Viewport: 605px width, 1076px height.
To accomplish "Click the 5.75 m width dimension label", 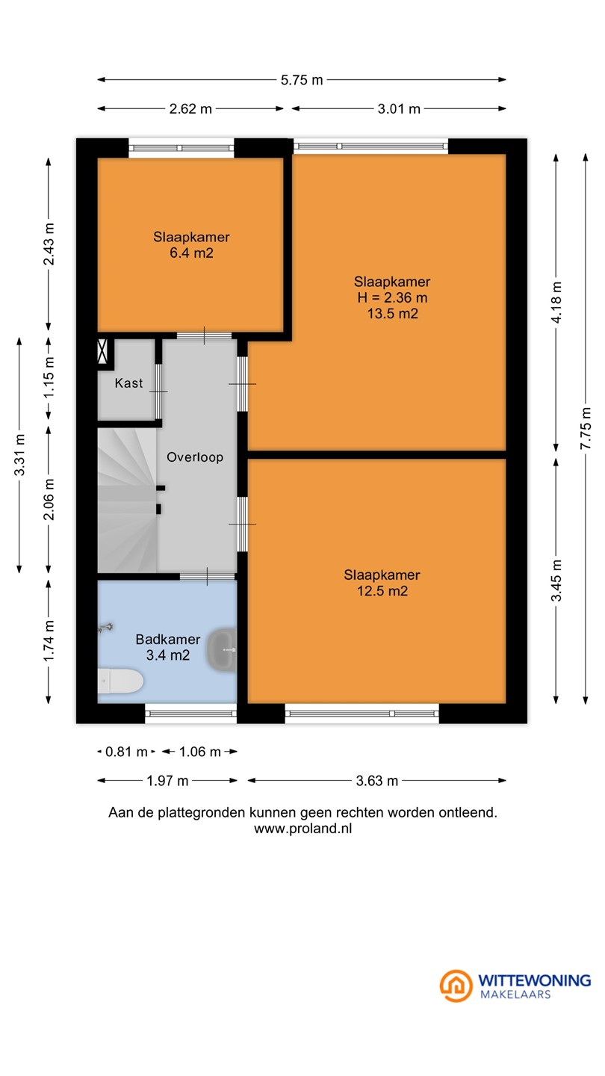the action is coord(302,80).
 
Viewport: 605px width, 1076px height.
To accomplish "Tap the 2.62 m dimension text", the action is coord(190,108).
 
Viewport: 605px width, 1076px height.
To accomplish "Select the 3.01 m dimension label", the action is coord(399,108).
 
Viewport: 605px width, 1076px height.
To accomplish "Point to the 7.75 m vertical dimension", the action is coord(586,428).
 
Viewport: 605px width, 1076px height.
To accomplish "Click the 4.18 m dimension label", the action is coord(556,302).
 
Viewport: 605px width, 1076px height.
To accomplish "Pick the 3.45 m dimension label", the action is coord(556,581).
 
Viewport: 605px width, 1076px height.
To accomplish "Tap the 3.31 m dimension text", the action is coord(19,455).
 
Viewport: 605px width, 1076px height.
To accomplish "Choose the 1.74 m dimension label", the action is coord(49,641).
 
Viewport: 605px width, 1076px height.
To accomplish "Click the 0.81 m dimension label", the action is coord(126,751).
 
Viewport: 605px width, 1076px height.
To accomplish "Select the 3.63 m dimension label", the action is coord(377,781).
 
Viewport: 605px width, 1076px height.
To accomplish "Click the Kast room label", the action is coord(128,383).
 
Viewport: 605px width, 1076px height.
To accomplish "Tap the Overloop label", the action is coord(195,457).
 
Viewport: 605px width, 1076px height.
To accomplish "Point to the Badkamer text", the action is coord(167,639).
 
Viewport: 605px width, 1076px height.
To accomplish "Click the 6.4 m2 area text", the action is coord(191,253).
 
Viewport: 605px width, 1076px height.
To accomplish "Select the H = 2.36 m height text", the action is coord(392,297).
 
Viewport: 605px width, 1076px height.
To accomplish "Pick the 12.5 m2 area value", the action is coord(382,591).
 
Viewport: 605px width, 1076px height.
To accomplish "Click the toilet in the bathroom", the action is coord(120,681).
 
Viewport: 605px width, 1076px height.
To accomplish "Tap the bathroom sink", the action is coord(222,650).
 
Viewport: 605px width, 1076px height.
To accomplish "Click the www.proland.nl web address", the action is coord(303,828).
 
